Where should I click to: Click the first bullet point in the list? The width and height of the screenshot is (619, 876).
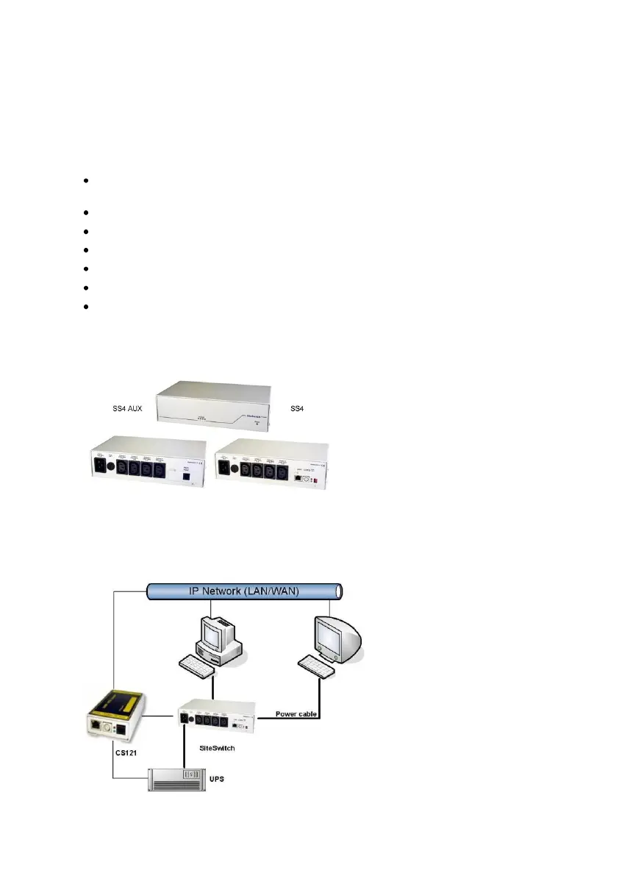coord(87,181)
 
